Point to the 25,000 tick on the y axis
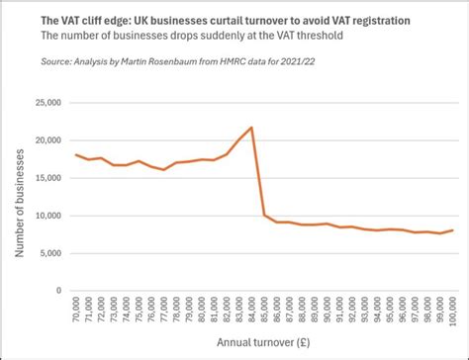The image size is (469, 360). (x=48, y=103)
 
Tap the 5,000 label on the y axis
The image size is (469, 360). (x=51, y=253)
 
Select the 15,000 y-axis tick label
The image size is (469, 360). (x=48, y=178)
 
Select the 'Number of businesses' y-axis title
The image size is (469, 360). (x=20, y=198)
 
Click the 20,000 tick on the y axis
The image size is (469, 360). (x=48, y=140)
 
